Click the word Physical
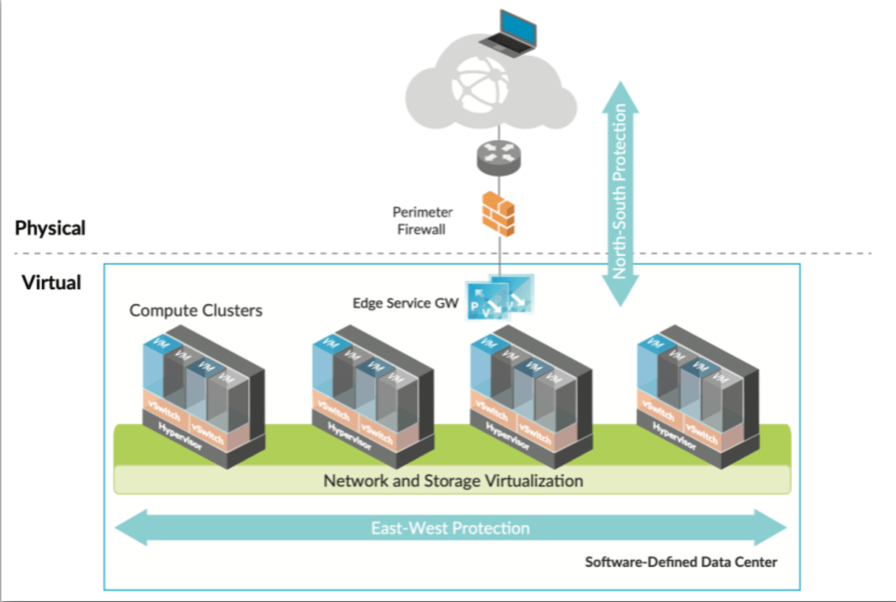point(51,229)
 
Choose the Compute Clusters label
point(196,310)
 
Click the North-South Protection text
point(620,192)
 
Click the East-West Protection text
point(450,528)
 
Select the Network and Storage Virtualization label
point(453,481)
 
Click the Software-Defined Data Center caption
point(681,562)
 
